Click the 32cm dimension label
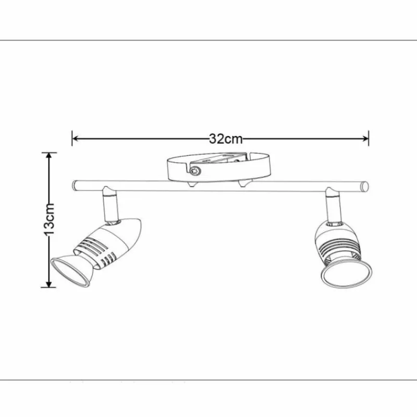point(226,139)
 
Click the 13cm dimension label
point(48,219)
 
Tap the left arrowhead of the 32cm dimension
point(76,139)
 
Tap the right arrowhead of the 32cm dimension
point(365,139)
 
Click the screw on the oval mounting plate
point(195,170)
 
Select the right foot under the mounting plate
point(243,184)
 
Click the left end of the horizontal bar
point(75,185)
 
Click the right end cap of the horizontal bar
point(365,186)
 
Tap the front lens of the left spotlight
point(69,271)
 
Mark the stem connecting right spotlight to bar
point(332,206)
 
